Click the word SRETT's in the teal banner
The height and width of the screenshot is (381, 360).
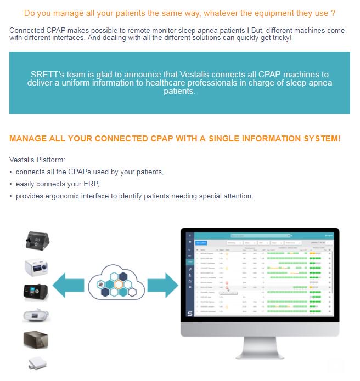[47, 75]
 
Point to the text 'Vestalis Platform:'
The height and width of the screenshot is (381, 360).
[37, 160]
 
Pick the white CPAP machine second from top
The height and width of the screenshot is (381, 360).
[37, 267]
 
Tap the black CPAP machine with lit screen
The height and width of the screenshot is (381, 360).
[36, 292]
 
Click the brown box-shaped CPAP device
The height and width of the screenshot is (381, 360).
[36, 340]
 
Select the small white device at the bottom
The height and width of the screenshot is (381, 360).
[36, 364]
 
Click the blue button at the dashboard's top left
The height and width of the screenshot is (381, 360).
[202, 242]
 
